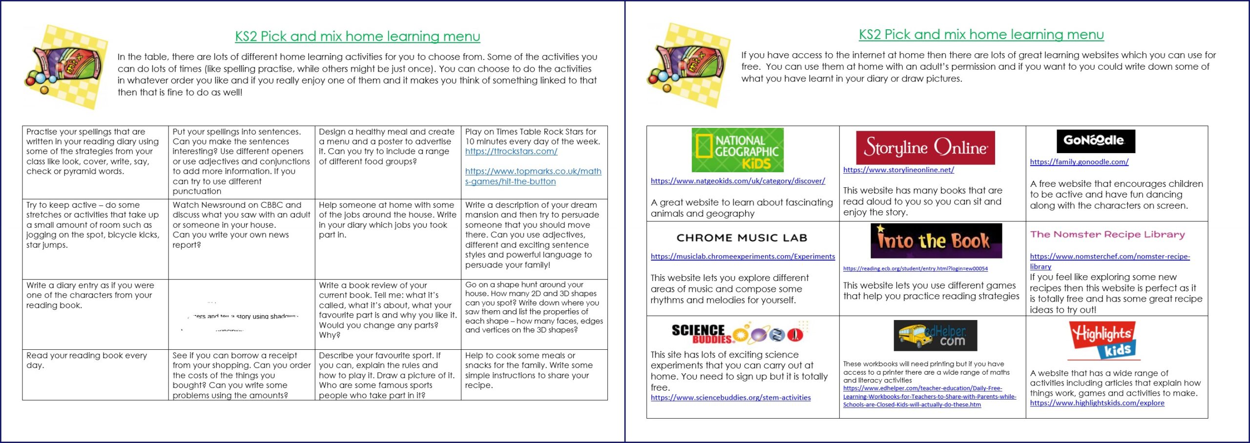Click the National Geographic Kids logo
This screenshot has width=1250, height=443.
737,150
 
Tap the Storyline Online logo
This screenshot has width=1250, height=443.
925,147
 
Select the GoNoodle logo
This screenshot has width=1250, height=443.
1095,141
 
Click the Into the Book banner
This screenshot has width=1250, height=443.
936,241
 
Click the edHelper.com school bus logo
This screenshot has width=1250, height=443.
935,335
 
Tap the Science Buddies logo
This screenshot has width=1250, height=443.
737,333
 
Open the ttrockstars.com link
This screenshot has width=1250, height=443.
511,151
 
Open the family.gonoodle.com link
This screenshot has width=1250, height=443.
1079,162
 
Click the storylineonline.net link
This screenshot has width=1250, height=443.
898,170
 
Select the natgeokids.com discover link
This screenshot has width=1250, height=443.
738,181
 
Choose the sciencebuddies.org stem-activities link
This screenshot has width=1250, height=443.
730,398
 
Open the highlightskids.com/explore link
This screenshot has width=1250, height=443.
1097,403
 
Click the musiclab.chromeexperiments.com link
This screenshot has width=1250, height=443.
743,257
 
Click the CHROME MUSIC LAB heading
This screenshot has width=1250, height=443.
742,238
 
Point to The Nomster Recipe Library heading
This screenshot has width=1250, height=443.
1107,235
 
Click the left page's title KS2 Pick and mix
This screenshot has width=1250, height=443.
357,37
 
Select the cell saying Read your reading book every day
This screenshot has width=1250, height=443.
86,361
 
